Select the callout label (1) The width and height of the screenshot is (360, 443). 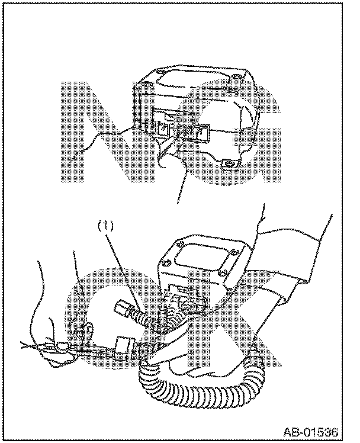tap(105, 226)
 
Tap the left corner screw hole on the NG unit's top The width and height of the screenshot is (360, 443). tap(146, 84)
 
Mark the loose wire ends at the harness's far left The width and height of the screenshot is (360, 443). tap(31, 345)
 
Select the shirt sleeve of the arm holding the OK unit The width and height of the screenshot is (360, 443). tap(294, 263)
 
